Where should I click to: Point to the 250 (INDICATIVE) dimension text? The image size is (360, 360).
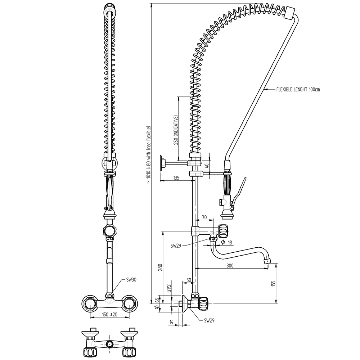[176, 130]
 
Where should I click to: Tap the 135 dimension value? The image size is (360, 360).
[176, 177]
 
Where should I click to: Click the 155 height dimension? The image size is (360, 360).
[273, 283]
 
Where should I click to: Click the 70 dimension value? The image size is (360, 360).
[204, 217]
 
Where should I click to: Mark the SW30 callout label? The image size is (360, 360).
[131, 279]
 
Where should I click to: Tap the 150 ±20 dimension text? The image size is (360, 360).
[110, 314]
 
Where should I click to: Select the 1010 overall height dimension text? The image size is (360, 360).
[148, 155]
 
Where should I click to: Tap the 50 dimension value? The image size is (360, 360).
[189, 280]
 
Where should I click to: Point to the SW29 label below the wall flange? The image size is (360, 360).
[209, 320]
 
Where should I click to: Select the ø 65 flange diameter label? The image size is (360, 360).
[156, 303]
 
